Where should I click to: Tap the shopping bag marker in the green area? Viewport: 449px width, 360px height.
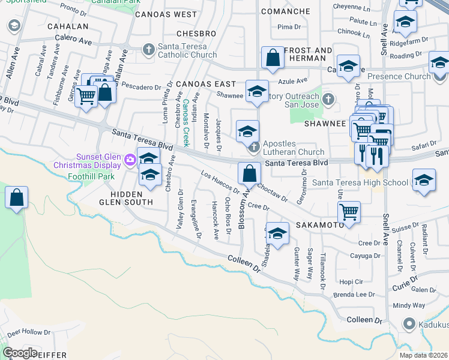(17, 198)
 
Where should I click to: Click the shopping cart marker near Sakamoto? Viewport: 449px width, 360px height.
(349, 211)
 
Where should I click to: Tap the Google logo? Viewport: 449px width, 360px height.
(20, 353)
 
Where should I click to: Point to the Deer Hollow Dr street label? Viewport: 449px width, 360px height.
(30, 331)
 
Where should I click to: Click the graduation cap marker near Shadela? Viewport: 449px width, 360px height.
(277, 235)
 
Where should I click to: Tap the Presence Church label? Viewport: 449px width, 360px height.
(399, 76)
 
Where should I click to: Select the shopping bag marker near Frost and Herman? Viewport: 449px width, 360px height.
(273, 58)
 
